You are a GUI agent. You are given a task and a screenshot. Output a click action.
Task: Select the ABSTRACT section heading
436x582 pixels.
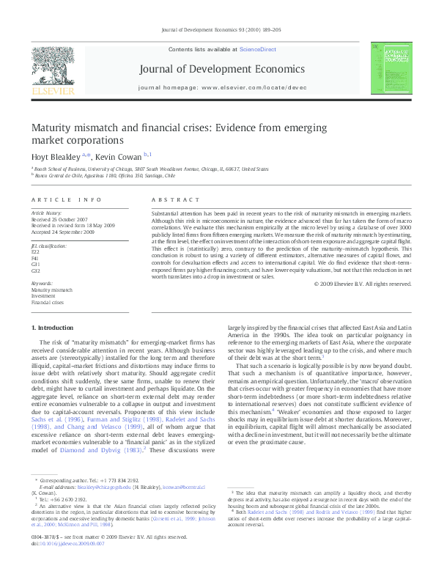[175, 199]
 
